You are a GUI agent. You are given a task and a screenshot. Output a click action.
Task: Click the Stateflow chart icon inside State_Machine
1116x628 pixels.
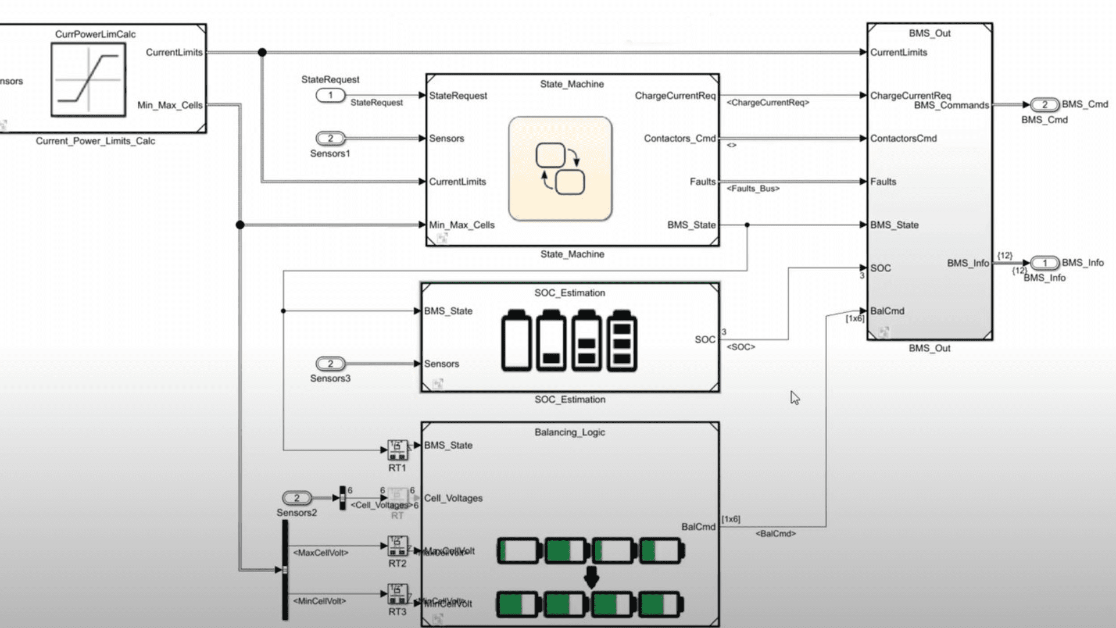click(x=560, y=169)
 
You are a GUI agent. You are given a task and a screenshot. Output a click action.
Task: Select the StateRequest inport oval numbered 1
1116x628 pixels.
click(x=330, y=95)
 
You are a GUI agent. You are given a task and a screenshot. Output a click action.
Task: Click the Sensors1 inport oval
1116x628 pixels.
click(x=330, y=138)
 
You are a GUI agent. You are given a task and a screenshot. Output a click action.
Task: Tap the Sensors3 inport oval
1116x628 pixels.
click(x=330, y=364)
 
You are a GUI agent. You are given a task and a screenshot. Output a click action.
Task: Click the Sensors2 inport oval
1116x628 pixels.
click(x=296, y=498)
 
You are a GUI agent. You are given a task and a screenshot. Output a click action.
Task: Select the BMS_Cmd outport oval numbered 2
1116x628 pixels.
click(x=1045, y=105)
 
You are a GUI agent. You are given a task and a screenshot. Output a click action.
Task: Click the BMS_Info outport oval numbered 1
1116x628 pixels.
click(x=1045, y=263)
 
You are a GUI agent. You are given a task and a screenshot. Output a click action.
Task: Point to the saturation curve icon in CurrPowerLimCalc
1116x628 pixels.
click(x=88, y=80)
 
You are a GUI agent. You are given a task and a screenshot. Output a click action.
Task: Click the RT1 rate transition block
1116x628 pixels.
click(x=398, y=449)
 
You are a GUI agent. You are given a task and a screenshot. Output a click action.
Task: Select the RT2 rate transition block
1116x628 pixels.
click(x=398, y=545)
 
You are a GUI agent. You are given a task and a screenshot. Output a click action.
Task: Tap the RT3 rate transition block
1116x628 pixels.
click(x=398, y=594)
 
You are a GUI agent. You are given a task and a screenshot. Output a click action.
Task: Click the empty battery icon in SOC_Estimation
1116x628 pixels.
click(x=516, y=341)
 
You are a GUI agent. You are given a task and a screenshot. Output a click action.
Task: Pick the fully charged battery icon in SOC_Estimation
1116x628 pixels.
click(x=622, y=341)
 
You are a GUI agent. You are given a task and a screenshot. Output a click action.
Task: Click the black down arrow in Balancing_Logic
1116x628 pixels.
click(x=591, y=577)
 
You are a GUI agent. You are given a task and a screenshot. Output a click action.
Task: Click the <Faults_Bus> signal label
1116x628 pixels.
click(x=753, y=189)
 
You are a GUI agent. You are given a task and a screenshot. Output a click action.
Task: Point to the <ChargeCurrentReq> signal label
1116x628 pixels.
click(x=767, y=103)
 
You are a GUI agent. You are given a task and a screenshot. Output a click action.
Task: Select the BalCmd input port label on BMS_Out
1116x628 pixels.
click(x=887, y=311)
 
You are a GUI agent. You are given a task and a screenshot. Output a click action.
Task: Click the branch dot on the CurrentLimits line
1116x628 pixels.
click(x=262, y=52)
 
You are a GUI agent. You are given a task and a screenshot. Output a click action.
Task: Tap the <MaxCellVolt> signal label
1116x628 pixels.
click(x=320, y=553)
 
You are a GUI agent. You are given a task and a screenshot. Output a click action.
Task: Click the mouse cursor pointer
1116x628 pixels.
click(x=795, y=398)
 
